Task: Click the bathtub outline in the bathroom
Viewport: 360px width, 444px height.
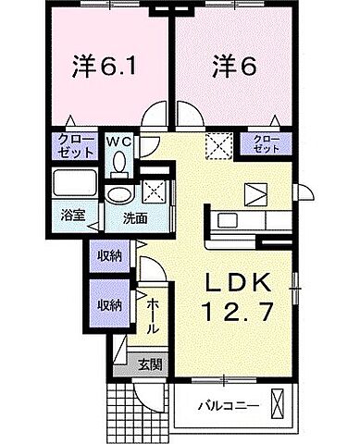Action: pos(72,181)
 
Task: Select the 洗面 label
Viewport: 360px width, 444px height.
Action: pos(133,220)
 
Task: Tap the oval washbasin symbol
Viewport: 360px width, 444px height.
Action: pos(118,194)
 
